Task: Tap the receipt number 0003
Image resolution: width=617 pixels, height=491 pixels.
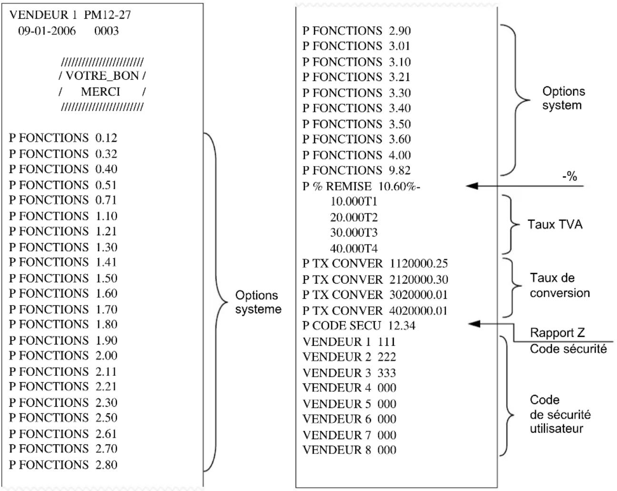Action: tap(106, 31)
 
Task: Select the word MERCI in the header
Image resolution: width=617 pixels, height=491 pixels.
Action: tap(100, 91)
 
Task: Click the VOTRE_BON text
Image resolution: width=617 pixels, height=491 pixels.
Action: tap(102, 76)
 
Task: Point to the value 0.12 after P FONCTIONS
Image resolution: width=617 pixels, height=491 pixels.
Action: tap(106, 138)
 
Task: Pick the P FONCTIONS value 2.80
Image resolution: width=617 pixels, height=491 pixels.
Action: tap(106, 464)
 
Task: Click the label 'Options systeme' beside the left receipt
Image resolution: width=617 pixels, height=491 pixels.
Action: tap(258, 302)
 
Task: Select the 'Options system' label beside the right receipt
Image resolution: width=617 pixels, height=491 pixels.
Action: tap(563, 98)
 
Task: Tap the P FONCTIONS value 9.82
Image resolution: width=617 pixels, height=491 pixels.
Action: tap(399, 170)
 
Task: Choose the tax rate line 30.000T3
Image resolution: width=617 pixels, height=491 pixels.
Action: tap(354, 233)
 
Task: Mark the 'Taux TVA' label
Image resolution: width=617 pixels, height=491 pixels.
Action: tap(555, 224)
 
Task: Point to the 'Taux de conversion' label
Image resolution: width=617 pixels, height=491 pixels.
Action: tap(559, 285)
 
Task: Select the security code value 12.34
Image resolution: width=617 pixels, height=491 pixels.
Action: tap(401, 326)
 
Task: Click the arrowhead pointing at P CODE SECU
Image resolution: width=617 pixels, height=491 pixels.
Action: tap(474, 324)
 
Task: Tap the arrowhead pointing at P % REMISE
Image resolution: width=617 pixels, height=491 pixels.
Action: tap(471, 186)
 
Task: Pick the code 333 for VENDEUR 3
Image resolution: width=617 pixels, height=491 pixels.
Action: tap(387, 373)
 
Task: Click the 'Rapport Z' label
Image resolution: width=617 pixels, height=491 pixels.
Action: tap(557, 333)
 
